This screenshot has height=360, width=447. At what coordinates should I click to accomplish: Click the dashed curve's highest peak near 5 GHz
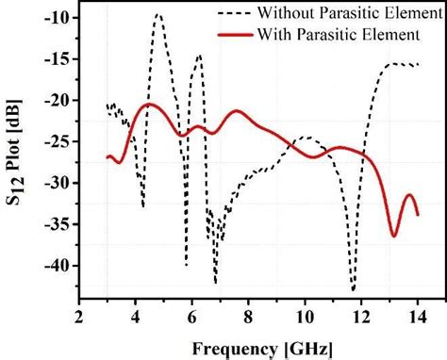tap(158, 14)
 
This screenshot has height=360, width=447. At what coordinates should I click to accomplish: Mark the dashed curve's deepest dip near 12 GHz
tap(354, 290)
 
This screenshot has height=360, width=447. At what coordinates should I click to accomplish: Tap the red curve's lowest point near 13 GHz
tap(394, 236)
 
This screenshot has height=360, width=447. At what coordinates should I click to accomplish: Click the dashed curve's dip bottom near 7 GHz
tap(216, 281)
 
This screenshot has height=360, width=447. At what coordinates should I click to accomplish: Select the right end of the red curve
tap(418, 215)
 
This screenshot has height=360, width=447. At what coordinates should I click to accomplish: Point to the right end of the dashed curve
tap(418, 64)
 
